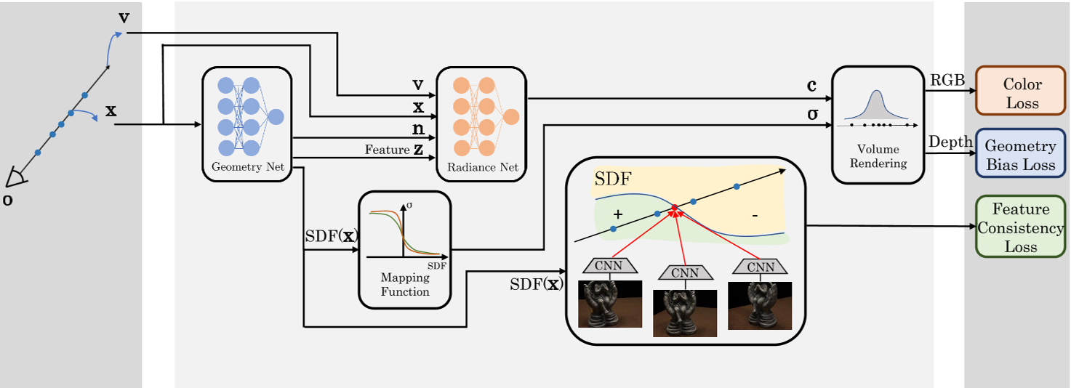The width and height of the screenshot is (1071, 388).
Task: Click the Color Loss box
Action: (x=1022, y=93)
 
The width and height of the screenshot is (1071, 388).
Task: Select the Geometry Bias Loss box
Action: (x=1021, y=155)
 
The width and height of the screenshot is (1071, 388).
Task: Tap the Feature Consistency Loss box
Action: (x=1021, y=228)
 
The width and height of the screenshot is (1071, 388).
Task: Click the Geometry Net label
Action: (x=247, y=167)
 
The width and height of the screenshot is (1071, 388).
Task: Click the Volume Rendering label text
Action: (x=878, y=156)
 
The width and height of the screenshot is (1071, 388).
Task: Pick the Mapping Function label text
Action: (x=405, y=285)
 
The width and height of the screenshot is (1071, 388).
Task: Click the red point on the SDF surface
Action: (x=675, y=208)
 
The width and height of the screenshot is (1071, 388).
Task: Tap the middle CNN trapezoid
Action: (x=684, y=273)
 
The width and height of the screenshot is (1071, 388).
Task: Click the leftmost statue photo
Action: (x=609, y=304)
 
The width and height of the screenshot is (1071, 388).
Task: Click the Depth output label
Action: (x=950, y=142)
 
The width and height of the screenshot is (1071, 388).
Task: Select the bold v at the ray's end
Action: (x=124, y=17)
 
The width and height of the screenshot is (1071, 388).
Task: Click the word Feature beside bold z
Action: (x=387, y=150)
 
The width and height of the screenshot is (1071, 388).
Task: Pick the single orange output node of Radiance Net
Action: (x=510, y=116)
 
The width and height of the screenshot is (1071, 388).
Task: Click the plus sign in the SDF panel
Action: (x=619, y=214)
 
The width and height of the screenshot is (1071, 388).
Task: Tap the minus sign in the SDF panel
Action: (x=755, y=216)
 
